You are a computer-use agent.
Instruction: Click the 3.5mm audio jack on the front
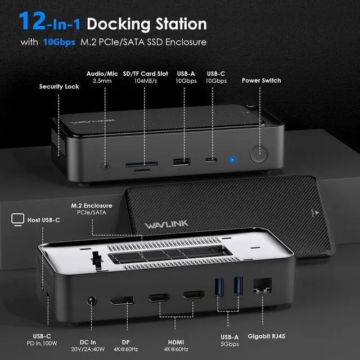[105, 166]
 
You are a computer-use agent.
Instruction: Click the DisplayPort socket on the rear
[122, 300]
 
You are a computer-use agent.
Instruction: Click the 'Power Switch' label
[261, 80]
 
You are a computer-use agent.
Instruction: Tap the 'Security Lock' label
[59, 87]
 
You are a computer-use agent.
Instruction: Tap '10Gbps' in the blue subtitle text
[60, 42]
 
